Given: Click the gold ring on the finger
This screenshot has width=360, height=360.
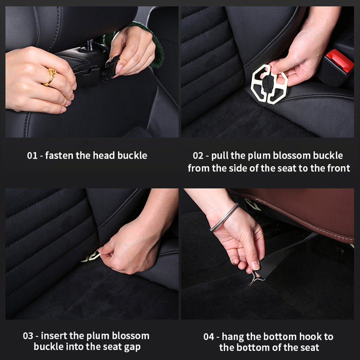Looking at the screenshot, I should pos(51,77).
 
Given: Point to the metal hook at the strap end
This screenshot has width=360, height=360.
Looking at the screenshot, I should pos(255,278).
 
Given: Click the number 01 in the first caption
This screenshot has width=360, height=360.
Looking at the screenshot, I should pos(32,155).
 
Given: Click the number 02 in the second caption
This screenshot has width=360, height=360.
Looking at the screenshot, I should pos(198,155).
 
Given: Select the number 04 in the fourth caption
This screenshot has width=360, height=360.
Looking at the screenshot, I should pos(209,336).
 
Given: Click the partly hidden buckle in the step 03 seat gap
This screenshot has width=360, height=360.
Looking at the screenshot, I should pos(91,257).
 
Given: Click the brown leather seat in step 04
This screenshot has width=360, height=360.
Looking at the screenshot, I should pos(300,210).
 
